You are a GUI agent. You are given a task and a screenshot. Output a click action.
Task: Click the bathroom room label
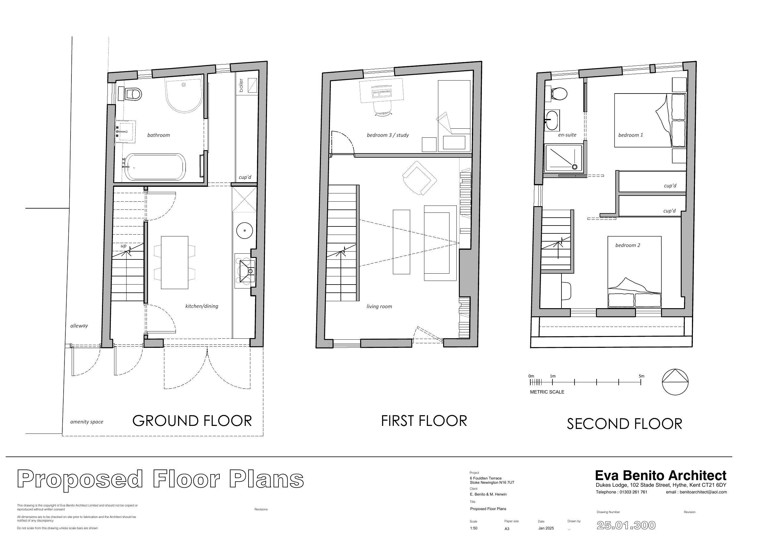[158, 135]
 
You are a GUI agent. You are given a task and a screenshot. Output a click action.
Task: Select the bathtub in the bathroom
[155, 167]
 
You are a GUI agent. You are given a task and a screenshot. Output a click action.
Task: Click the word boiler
[241, 86]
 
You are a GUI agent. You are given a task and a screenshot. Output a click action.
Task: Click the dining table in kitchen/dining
[174, 262]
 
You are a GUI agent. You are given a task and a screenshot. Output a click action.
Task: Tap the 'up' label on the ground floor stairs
[123, 246]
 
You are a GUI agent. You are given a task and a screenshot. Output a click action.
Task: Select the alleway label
[79, 326]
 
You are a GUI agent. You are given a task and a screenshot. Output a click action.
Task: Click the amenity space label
[87, 422]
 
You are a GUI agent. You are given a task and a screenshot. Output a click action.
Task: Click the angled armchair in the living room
[419, 178]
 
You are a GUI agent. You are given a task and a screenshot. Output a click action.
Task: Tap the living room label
[379, 307]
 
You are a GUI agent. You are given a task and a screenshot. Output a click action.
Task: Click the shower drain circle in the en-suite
[574, 167]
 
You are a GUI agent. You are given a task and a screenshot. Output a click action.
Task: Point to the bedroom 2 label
[627, 245]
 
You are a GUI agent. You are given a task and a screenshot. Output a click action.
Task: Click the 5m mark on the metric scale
[641, 382]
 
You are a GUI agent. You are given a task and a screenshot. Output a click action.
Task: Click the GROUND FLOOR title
[192, 421]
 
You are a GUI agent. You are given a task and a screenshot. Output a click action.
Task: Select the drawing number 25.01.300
[626, 525]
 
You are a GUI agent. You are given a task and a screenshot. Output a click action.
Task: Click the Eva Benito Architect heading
[660, 475]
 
